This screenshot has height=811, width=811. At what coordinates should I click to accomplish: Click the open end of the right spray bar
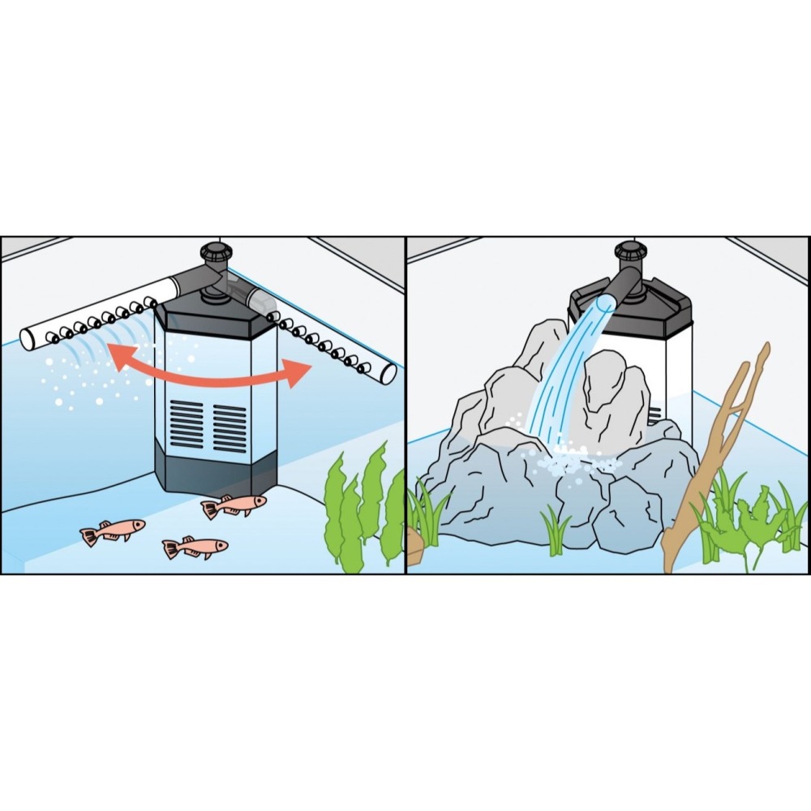click(388, 374)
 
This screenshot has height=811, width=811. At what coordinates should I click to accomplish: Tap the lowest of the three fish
click(195, 547)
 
